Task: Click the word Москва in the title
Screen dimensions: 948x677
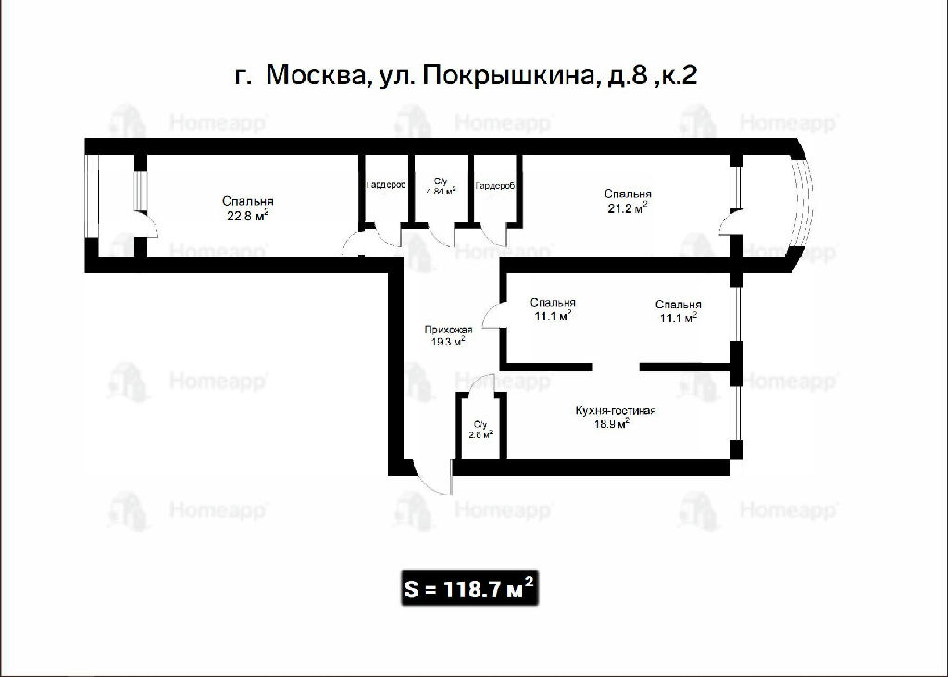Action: tap(316, 76)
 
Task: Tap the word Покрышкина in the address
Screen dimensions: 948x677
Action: tap(506, 76)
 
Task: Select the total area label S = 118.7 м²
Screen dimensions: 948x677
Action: tap(469, 587)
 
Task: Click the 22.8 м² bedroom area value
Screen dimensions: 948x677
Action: tap(247, 216)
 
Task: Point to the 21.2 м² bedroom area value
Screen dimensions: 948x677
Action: tap(628, 208)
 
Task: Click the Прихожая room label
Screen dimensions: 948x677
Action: tap(448, 331)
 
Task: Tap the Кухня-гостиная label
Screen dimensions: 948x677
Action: tap(616, 411)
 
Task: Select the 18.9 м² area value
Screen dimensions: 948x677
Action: tap(612, 423)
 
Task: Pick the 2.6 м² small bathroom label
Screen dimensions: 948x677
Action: tap(480, 433)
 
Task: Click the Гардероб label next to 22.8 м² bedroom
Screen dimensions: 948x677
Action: tap(386, 186)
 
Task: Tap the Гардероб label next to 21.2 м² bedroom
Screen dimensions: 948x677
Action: tap(495, 186)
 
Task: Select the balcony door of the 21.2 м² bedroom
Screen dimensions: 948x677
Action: tap(730, 223)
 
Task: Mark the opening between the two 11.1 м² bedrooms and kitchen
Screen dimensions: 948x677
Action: tap(616, 367)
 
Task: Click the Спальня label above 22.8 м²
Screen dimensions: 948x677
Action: tap(248, 202)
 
